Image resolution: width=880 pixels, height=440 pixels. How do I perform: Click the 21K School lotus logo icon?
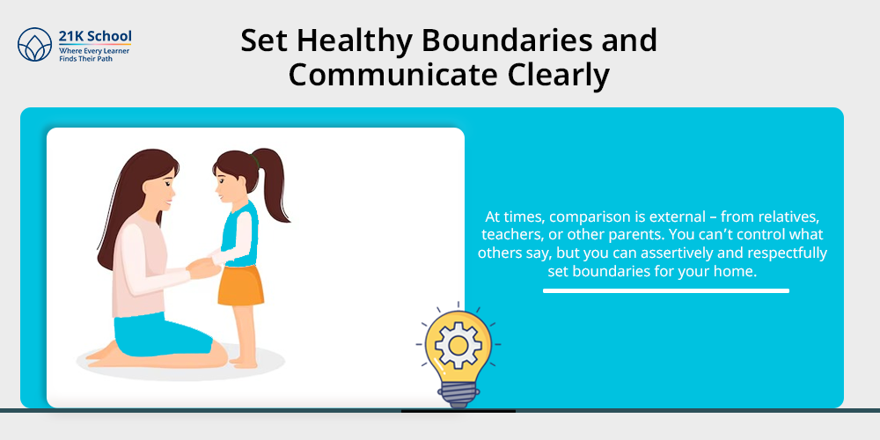[x=35, y=44]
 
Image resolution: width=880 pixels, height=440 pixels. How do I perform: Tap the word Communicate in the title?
[x=392, y=76]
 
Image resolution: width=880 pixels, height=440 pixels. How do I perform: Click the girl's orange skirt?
[x=241, y=285]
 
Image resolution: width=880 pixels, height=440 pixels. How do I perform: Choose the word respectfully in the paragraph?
[x=788, y=254]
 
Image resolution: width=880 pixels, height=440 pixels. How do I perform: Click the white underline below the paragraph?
[x=665, y=290]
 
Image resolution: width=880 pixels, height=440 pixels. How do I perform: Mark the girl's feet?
[x=243, y=362]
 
